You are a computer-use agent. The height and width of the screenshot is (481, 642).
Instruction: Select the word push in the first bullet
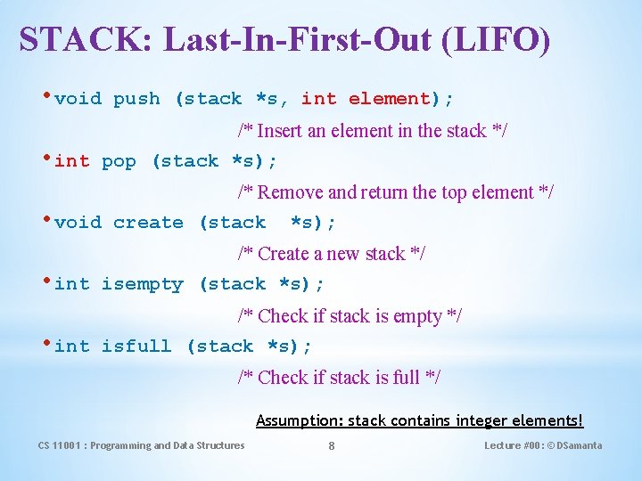(136, 99)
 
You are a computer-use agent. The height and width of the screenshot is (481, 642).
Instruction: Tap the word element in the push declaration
(389, 99)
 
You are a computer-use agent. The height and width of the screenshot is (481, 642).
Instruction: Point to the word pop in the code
(119, 161)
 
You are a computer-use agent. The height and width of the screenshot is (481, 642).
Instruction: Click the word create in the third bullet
(148, 223)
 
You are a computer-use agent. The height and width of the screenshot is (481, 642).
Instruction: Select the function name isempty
(142, 285)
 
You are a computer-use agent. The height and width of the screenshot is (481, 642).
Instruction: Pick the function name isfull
(136, 346)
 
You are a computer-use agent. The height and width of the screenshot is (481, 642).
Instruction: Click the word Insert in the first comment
(279, 131)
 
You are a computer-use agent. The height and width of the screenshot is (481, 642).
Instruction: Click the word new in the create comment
(343, 254)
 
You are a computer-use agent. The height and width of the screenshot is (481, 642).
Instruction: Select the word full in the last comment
(406, 378)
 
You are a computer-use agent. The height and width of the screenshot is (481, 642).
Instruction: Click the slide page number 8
(332, 446)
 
